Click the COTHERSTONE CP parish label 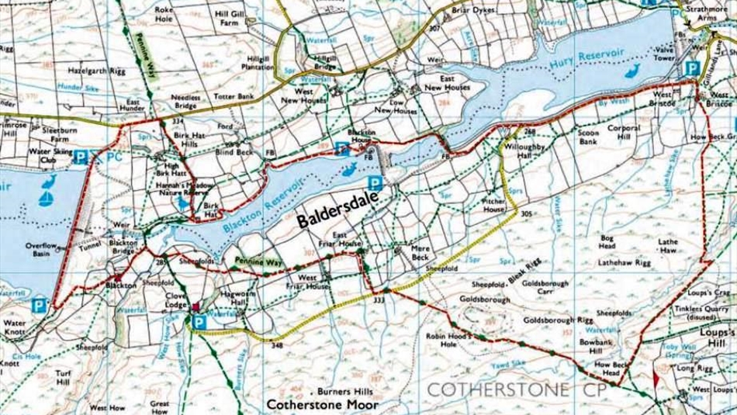pyautogui.click(x=507, y=389)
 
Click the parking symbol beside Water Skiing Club pyautogui.click(x=80, y=158)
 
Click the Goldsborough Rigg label pyautogui.click(x=558, y=320)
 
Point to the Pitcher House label pyautogui.click(x=494, y=205)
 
